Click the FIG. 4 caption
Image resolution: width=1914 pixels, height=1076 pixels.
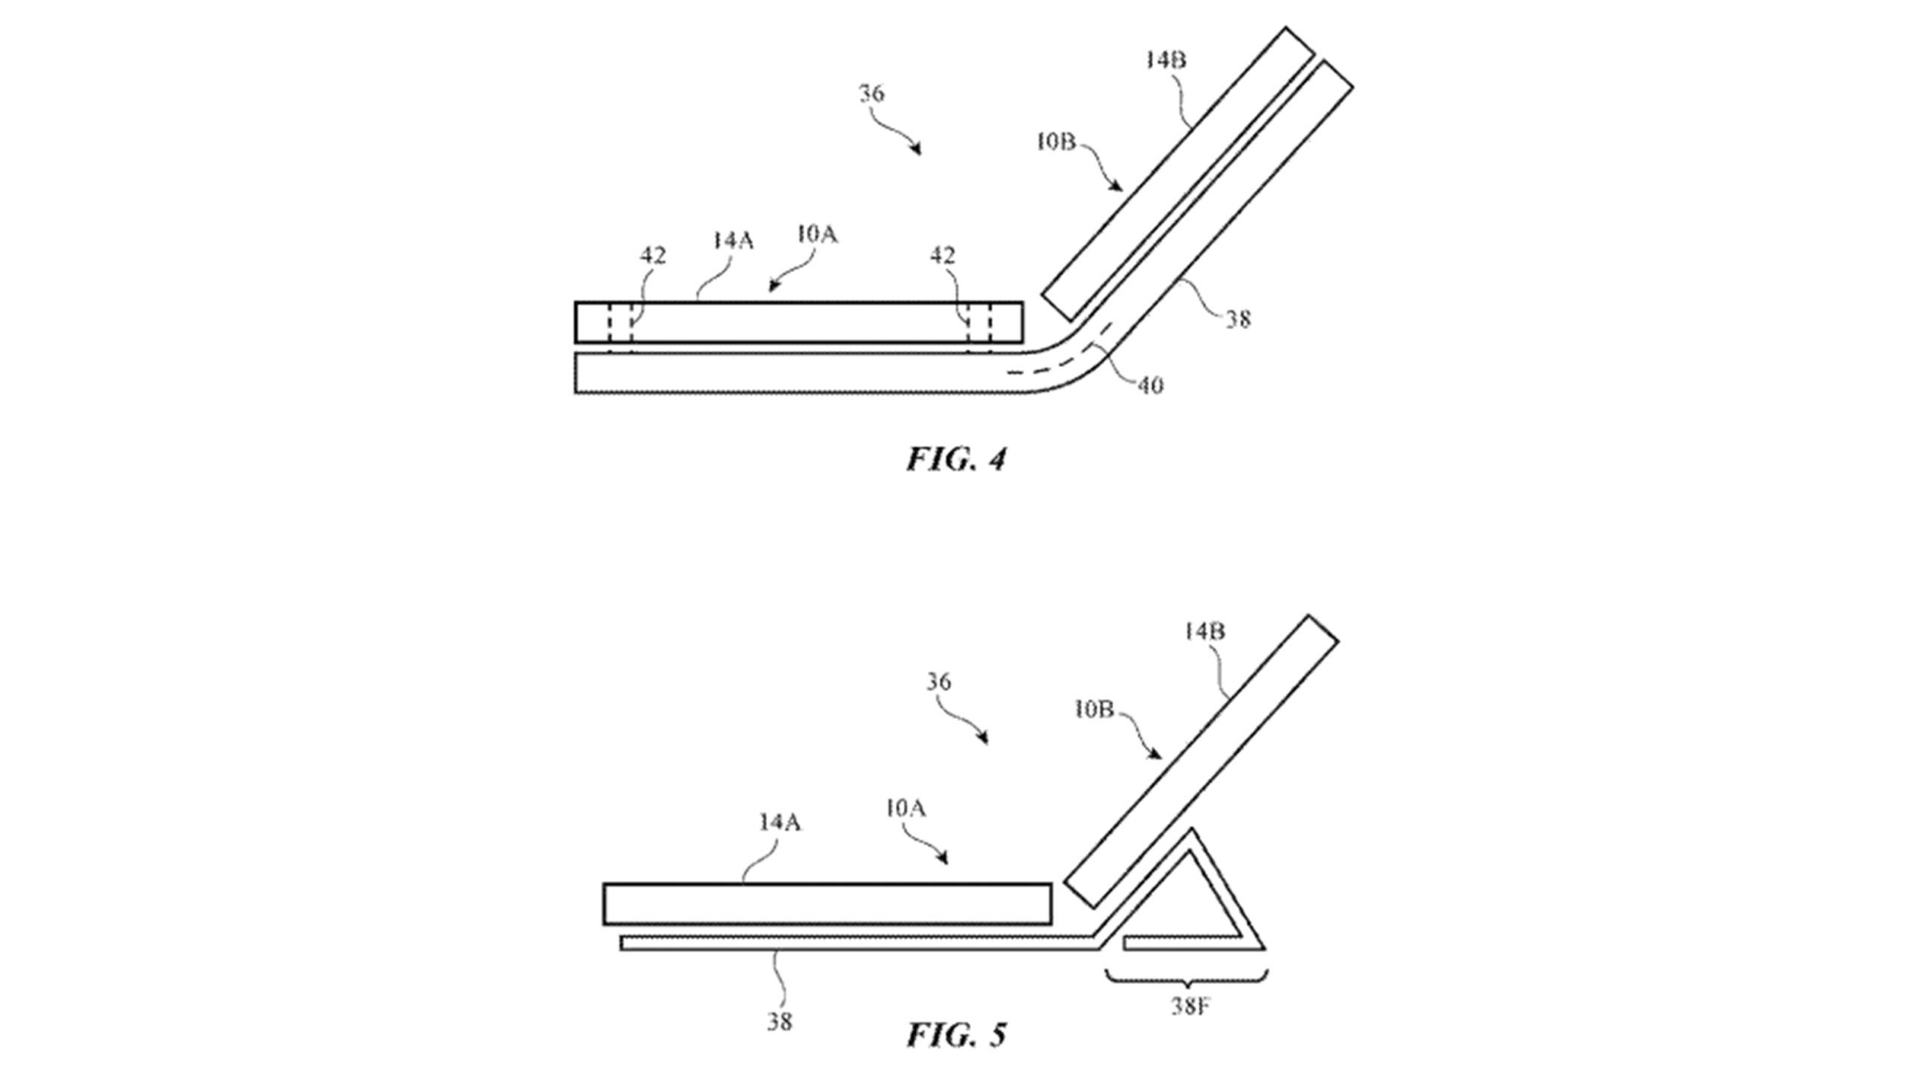[x=956, y=459]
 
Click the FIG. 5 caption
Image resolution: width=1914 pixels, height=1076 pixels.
[x=956, y=1035]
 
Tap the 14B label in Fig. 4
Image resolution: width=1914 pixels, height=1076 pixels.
[x=1166, y=60]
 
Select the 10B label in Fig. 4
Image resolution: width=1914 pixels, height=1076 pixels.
[x=1056, y=141]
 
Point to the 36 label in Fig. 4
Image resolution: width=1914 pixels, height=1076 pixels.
[x=872, y=93]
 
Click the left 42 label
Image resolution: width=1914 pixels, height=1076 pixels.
[x=652, y=256]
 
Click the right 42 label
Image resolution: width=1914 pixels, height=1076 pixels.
[x=942, y=256]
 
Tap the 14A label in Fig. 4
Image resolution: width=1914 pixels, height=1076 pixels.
[x=733, y=241]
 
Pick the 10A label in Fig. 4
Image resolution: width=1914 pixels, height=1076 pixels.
[x=817, y=235]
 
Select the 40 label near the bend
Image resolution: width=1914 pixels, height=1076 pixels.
[x=1150, y=386]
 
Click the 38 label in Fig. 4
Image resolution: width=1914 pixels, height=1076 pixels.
[x=1237, y=319]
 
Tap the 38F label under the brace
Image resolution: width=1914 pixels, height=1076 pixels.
[x=1190, y=1006]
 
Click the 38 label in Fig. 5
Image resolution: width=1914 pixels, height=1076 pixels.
[x=779, y=1021]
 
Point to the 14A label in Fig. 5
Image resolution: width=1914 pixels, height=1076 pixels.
[x=781, y=823]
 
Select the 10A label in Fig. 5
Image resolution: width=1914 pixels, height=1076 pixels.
[x=905, y=808]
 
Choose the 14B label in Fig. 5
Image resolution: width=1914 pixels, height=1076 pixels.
[x=1204, y=632]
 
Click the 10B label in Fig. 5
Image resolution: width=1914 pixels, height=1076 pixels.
[x=1094, y=710]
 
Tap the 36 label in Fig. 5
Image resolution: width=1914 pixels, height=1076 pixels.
[x=938, y=682]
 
